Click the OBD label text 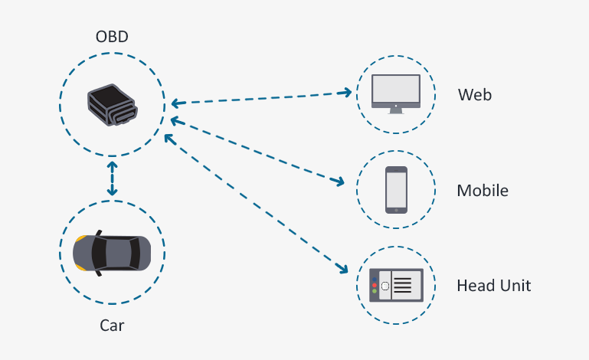112,37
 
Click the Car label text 112,326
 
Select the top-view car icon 112,253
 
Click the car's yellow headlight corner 80,238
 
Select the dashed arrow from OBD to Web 260,97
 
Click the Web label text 475,96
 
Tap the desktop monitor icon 396,90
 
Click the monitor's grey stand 396,110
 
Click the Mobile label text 483,191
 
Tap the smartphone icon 396,190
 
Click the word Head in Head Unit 474,286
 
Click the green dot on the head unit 375,291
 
